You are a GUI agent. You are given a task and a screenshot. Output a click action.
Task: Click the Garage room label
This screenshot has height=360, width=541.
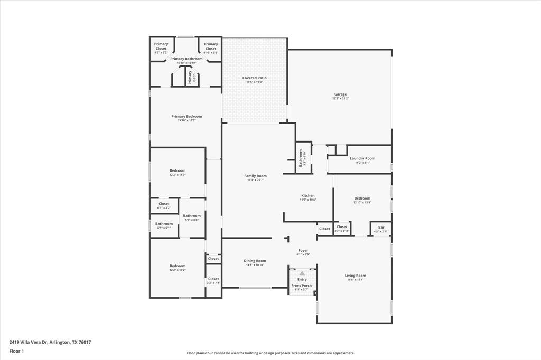[340, 94]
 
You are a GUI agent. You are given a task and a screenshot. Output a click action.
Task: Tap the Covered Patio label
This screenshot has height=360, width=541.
[254, 78]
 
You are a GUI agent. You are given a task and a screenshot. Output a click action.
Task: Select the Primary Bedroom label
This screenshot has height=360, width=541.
[186, 117]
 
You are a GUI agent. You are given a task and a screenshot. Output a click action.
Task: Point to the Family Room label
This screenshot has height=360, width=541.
[255, 176]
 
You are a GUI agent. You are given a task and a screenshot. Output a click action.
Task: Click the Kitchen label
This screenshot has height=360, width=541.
[308, 196]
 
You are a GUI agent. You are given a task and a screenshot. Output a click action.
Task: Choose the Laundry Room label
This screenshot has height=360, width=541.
[362, 158]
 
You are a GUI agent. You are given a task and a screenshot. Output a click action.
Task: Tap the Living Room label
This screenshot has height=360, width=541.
[356, 276]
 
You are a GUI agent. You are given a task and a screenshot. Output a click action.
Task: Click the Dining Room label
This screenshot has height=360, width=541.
[255, 261]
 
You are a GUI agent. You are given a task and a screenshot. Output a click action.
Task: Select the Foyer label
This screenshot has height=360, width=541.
[303, 251]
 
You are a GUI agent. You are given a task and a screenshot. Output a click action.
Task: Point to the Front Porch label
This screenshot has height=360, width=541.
[302, 286]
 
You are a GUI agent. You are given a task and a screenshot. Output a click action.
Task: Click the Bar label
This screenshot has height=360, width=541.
[381, 227]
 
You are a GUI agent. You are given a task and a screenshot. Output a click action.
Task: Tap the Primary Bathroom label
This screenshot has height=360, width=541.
[186, 59]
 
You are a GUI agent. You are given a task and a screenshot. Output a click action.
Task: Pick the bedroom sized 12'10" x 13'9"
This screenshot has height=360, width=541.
[362, 198]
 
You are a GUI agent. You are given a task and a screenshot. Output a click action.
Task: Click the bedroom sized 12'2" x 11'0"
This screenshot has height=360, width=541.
[178, 171]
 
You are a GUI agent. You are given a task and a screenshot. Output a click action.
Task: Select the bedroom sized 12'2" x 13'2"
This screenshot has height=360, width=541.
[178, 266]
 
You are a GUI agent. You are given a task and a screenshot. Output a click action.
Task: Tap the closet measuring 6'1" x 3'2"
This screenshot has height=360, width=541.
[164, 204]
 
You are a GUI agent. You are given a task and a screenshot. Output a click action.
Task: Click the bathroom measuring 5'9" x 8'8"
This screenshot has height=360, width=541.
[192, 216]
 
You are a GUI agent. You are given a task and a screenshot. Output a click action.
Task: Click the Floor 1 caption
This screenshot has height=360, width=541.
[17, 351]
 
